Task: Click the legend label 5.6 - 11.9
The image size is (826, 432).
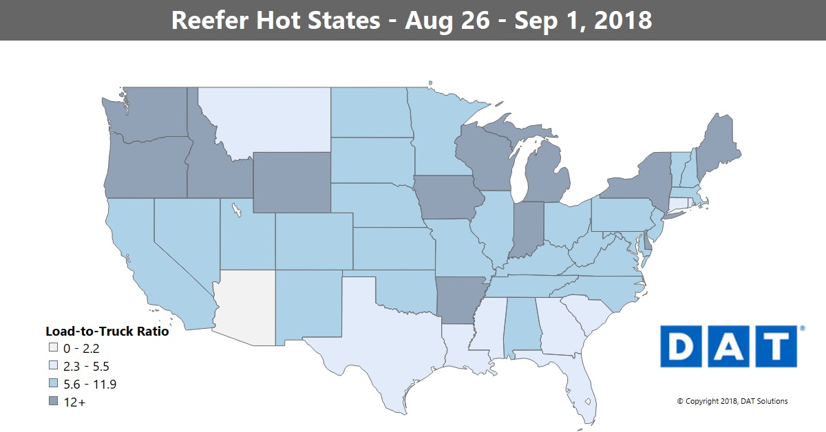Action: [89, 385]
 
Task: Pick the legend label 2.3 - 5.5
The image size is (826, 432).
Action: [85, 367]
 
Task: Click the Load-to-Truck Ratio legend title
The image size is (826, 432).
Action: [107, 331]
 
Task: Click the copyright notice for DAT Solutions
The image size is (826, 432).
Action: [732, 401]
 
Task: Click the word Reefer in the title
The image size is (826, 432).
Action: [213, 20]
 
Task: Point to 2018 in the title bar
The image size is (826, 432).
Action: [622, 20]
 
